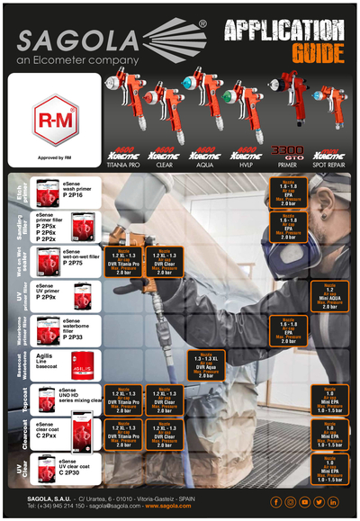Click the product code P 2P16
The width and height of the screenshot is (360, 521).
78,195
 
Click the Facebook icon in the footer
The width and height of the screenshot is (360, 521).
275,501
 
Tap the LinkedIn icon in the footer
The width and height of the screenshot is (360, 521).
333,501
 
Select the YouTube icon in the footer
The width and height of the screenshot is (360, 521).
304,501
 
